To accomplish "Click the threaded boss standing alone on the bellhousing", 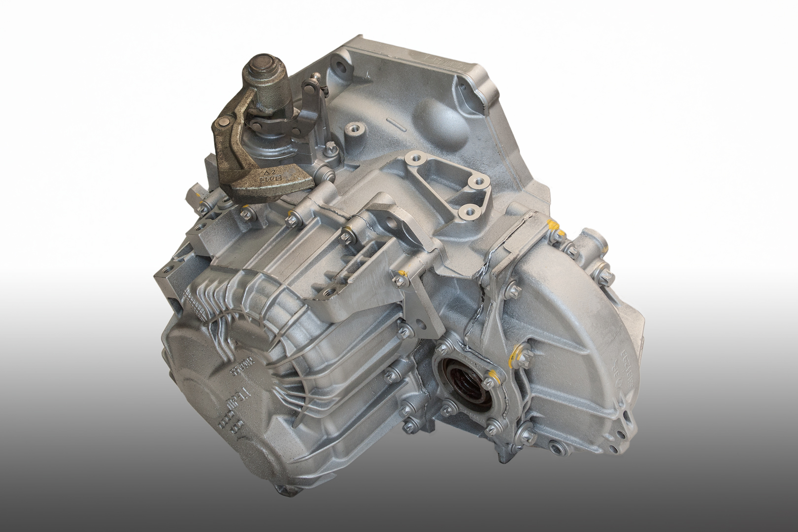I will (x=354, y=130).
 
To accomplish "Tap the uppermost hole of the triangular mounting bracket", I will (x=414, y=159).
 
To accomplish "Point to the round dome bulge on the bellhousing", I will (x=436, y=114).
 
